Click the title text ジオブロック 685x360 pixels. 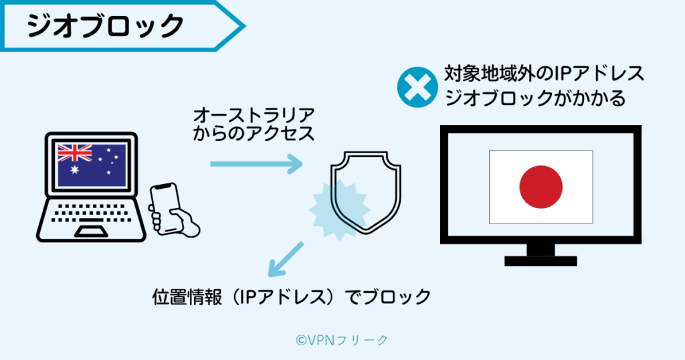(x=106, y=25)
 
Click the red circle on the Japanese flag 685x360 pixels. (x=541, y=186)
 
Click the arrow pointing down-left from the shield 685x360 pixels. (x=285, y=260)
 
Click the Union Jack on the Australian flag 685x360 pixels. (x=74, y=153)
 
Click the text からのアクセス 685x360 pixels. (x=254, y=132)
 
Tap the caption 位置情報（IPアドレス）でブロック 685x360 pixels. (x=292, y=296)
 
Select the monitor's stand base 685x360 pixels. (x=541, y=261)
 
